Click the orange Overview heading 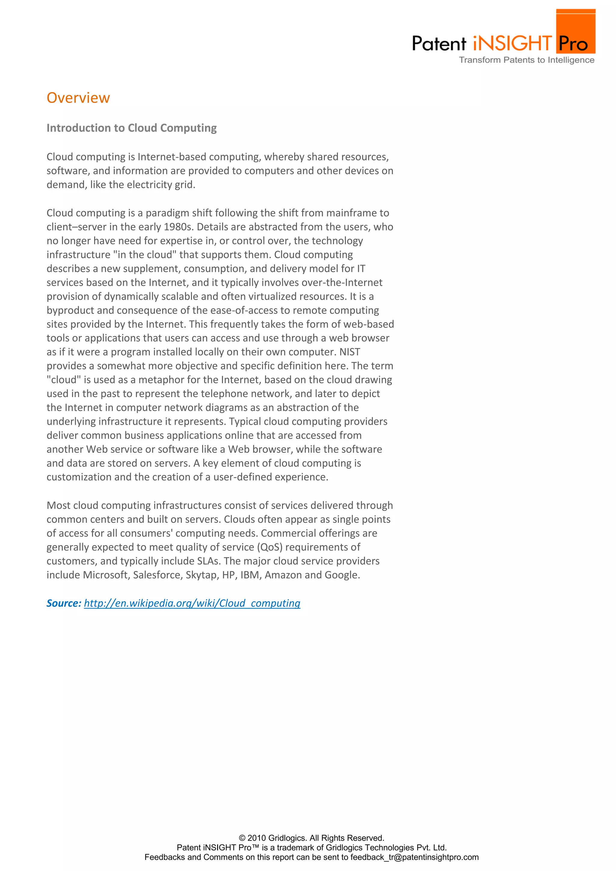(x=78, y=98)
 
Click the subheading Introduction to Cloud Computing (x=131, y=128)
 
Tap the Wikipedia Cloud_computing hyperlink (x=192, y=603)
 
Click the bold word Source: (x=64, y=603)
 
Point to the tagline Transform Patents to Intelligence (x=526, y=60)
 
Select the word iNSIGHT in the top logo (x=512, y=44)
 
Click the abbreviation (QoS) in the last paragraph (x=270, y=547)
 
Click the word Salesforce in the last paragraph (x=157, y=575)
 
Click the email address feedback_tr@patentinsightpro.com (x=414, y=857)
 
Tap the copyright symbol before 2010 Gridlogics (x=242, y=838)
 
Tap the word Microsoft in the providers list (x=106, y=575)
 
